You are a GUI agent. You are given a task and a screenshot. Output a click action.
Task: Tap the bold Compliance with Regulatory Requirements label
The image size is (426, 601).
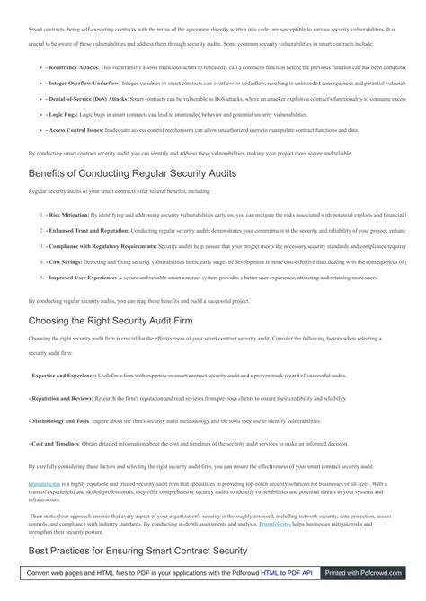pos(103,247)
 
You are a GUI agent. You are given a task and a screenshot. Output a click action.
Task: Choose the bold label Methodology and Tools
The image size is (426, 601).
pos(60,420)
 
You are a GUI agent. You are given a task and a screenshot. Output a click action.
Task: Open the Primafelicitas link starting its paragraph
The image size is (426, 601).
pos(48,484)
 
